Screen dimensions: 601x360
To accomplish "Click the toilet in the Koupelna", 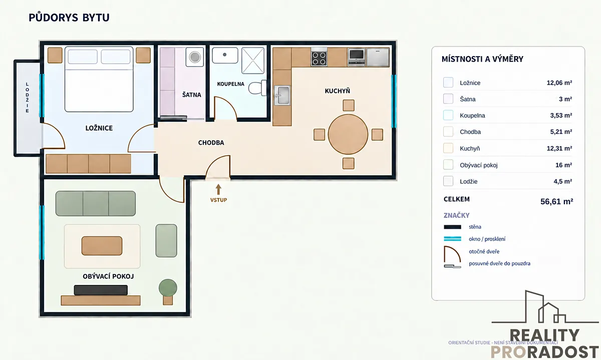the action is [x=257, y=88].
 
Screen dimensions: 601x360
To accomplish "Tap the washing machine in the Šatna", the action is [x=194, y=57].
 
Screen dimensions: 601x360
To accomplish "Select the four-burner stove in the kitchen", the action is [x=319, y=59].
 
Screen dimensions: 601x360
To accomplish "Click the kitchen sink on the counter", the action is [x=282, y=95].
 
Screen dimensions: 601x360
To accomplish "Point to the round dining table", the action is [x=348, y=134].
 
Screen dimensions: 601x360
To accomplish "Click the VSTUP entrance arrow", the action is [x=218, y=189].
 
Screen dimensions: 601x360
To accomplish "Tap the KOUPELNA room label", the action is [x=231, y=84].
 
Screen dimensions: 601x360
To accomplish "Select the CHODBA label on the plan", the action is [x=211, y=143].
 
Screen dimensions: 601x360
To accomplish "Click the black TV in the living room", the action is [x=101, y=290].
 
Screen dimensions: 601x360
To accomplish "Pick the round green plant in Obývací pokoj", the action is [x=168, y=288].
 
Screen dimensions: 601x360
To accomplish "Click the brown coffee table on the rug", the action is [x=102, y=246].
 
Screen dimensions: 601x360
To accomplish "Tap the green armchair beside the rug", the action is [x=166, y=241].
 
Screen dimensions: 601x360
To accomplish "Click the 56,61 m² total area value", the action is [x=557, y=201].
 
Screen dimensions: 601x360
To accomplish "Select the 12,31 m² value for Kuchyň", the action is [x=559, y=148].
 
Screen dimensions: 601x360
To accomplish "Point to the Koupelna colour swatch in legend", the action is [x=448, y=115].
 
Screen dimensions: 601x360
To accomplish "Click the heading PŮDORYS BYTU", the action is [x=69, y=18].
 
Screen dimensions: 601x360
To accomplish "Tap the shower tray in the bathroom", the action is [x=253, y=61].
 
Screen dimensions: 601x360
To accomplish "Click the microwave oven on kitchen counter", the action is [x=356, y=57].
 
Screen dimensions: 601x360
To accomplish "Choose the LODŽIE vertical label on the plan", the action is [x=27, y=98].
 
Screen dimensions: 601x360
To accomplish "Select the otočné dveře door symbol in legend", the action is [x=452, y=254].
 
